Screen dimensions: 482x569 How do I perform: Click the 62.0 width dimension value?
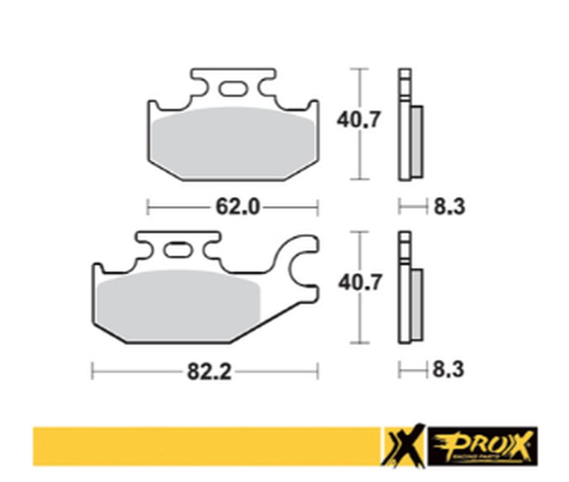pos(237,207)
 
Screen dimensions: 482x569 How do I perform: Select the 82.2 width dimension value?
pos(209,372)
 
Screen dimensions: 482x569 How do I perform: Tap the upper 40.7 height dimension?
pos(359,120)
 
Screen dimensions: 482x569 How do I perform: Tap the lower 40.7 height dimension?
pos(360,282)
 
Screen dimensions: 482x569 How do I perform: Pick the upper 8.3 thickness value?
pos(449,207)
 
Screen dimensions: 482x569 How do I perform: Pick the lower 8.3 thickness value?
pos(449,369)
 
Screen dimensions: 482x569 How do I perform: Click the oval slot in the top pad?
pos(233,89)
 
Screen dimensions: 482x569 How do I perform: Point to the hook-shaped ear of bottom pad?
pos(301,265)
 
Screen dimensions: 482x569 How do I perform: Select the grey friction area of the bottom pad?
pos(178,304)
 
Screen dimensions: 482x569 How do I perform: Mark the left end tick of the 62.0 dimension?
pos(148,207)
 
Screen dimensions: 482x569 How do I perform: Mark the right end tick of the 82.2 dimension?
pos(318,371)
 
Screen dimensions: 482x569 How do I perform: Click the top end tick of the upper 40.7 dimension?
pos(360,69)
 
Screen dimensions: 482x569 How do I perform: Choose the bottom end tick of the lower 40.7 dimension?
pos(360,343)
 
